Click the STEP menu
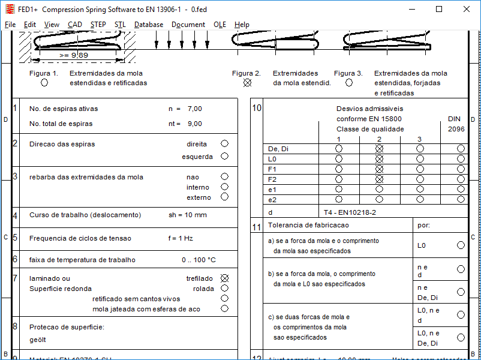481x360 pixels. pos(98,25)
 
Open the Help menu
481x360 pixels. pos(242,25)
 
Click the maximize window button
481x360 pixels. pos(439,10)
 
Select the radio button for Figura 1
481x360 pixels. pos(44,83)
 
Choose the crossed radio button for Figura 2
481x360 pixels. pos(246,83)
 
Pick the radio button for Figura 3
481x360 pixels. pos(348,83)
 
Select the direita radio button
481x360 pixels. pos(224,144)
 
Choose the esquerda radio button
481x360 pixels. pos(224,157)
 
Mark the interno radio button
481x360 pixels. pos(224,187)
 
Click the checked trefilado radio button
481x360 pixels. pos(224,278)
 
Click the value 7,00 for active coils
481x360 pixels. pos(195,109)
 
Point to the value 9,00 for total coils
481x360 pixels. pos(195,124)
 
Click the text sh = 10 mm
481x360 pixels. pos(187,215)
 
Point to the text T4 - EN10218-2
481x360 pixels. pos(350,212)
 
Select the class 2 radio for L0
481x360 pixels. pos(379,159)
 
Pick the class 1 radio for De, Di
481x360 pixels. pos(339,149)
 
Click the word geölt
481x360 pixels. pos(38,340)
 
